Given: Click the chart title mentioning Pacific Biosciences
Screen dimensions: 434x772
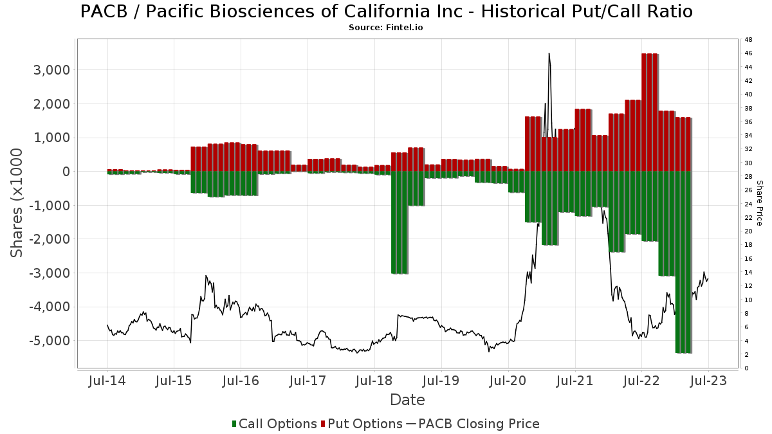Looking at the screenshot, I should click(386, 12).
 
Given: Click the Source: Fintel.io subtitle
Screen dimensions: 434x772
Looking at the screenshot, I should click(386, 28).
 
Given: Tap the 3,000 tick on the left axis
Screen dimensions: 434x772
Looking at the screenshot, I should click(51, 70).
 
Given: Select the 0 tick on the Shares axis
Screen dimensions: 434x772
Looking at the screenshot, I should click(66, 172).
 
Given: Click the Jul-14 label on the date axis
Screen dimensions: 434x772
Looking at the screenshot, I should click(107, 381).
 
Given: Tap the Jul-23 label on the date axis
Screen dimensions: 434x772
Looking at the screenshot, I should click(708, 381).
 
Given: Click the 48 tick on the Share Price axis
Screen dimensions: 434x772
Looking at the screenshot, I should click(749, 40).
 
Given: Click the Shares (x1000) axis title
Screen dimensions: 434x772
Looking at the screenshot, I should click(17, 203).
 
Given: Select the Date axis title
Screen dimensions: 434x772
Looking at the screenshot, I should click(407, 400).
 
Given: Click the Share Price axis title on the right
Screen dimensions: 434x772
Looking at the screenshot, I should click(759, 203).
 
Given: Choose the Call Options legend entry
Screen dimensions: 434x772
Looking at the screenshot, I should click(274, 424).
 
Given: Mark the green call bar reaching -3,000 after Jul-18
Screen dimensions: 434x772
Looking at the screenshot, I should click(400, 222).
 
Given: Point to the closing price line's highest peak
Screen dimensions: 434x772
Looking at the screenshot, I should click(549, 54).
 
